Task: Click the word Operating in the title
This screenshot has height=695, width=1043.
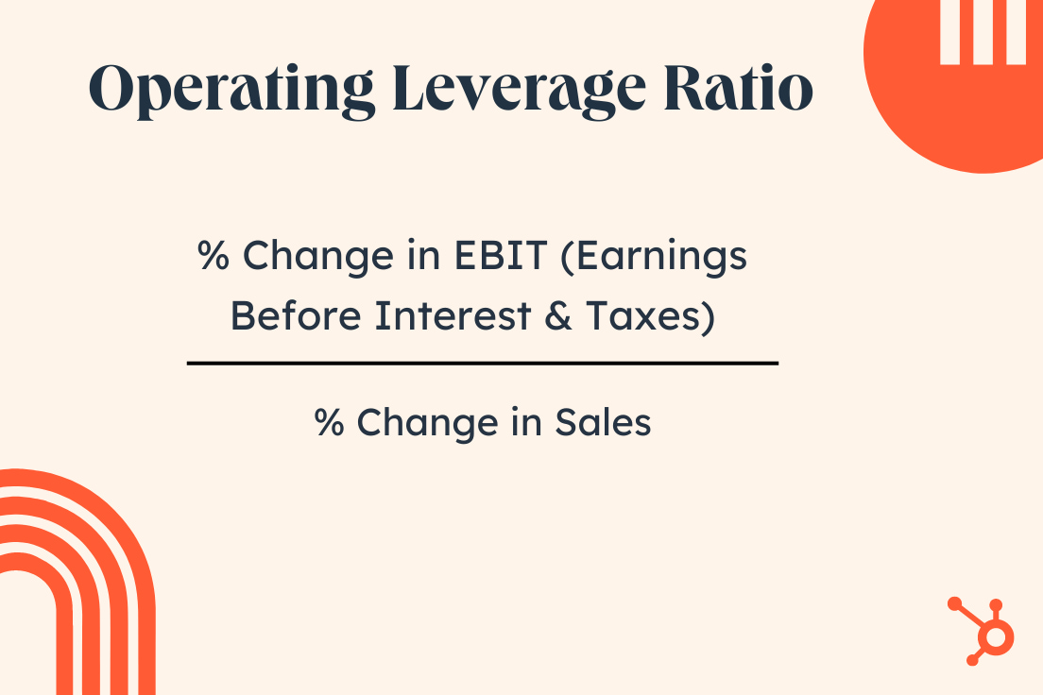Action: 231,90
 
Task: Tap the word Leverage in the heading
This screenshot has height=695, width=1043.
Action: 519,90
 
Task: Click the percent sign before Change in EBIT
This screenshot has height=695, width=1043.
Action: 214,255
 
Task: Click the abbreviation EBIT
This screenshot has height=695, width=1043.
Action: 500,255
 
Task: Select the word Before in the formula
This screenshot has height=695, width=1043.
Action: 296,315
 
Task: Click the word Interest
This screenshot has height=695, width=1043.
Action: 453,315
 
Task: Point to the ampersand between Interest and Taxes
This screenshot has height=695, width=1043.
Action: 558,315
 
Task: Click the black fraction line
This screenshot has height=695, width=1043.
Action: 483,364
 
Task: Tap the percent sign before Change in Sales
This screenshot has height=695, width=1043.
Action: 330,422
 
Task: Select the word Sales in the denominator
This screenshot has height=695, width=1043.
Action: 603,422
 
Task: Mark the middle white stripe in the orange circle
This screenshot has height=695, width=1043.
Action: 983,32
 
